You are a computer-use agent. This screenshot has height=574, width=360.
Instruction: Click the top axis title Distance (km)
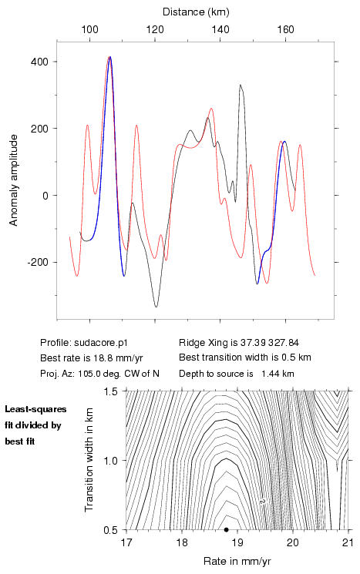196,12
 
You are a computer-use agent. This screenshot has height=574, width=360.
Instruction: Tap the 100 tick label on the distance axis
89,29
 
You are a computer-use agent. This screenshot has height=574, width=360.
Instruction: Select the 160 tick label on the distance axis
285,29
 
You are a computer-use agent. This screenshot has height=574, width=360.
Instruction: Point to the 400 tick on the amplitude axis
40,62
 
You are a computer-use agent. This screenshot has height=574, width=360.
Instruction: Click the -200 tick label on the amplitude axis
38,263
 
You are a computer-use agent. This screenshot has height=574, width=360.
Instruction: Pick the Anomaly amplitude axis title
14,180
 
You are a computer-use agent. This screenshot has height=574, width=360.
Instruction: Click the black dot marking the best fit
227,529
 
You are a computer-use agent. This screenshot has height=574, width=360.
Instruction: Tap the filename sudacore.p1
101,343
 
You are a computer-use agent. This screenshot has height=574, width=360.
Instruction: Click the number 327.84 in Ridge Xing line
284,343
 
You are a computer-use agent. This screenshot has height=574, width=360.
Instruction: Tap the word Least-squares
35,409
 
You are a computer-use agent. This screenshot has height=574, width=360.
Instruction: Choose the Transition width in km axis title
89,459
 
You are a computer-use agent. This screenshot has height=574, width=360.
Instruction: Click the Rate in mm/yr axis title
237,561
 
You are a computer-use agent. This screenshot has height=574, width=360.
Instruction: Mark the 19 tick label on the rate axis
237,542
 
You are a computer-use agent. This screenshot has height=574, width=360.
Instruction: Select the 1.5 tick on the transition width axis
110,391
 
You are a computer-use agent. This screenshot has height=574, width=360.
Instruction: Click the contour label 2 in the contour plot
262,501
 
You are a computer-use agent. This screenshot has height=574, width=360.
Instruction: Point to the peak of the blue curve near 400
110,57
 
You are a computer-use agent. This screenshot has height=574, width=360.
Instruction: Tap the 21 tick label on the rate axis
348,542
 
